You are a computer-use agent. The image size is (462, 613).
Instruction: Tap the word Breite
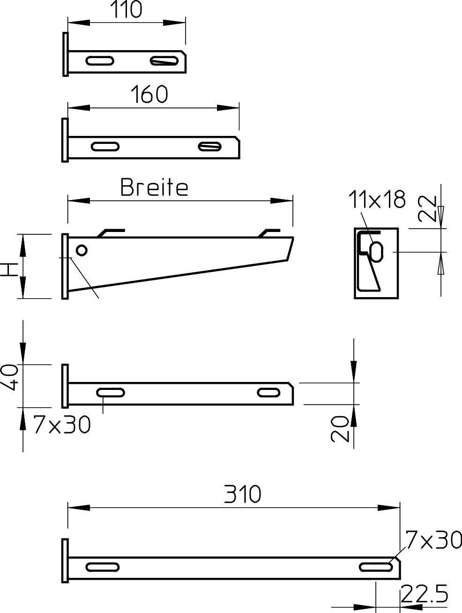154,187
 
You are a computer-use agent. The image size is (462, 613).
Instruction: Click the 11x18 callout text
376,199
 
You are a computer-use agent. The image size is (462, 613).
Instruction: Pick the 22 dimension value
427,209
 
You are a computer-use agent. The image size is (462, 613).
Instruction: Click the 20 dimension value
341,429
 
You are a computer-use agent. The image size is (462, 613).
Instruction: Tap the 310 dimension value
242,494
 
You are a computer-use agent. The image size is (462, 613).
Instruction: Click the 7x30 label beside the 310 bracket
433,540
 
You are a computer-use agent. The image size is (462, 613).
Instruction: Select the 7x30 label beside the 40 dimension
62,425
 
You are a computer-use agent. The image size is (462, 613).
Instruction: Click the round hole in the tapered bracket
82,250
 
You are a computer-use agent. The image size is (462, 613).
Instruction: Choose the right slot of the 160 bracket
209,146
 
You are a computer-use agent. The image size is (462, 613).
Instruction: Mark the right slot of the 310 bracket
375,567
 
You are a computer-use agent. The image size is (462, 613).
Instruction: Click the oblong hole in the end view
377,251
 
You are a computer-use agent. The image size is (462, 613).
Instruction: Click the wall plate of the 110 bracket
65,54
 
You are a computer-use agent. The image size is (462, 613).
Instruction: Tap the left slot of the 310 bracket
102,567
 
